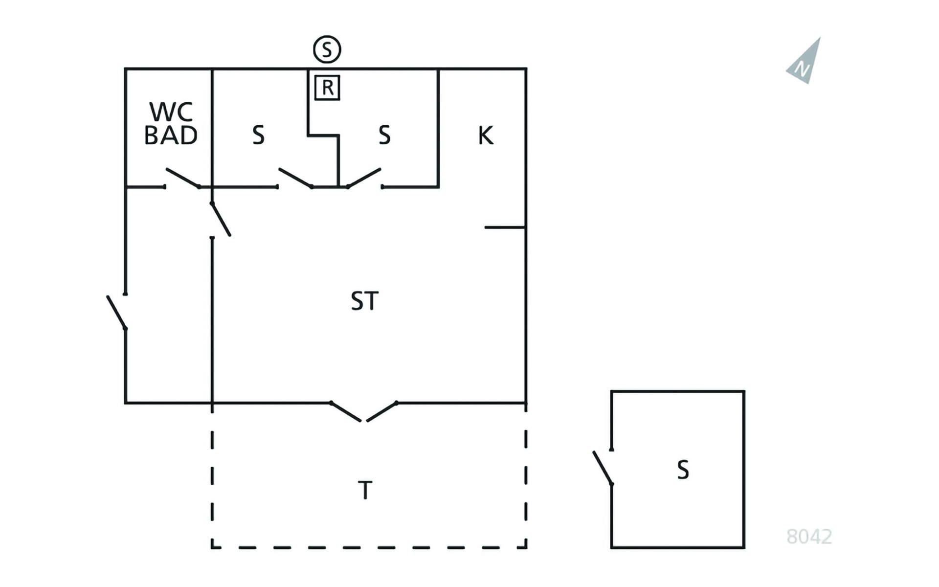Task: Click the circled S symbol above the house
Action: coord(327,49)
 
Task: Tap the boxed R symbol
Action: coord(327,88)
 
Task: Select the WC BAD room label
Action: coord(171,123)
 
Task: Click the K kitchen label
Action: coord(486,135)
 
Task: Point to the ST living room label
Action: coord(365,301)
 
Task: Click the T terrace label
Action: coord(365,490)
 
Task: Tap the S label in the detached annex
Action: coord(683,470)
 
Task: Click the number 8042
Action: coord(809,537)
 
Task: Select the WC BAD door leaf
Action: coord(182,178)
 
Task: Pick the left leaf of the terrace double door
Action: coord(346,411)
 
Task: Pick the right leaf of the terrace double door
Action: coord(382,411)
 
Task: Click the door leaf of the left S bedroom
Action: coord(295,178)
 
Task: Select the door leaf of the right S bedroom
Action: coord(364,178)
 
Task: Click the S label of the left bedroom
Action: coord(258,135)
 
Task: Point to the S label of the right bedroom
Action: coord(385,135)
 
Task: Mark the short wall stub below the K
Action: coord(505,227)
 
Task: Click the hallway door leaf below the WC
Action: coord(221,219)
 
